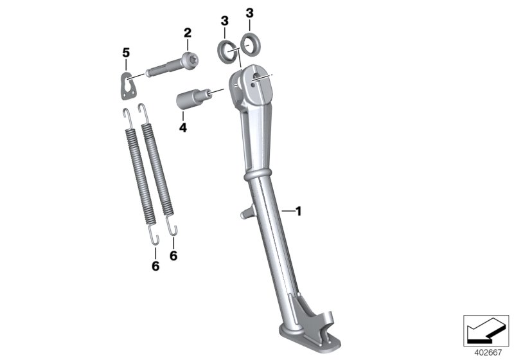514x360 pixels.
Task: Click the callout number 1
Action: [297, 210]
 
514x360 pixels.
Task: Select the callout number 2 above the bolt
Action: [188, 32]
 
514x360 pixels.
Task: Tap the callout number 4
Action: [183, 128]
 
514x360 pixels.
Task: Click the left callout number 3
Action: [224, 22]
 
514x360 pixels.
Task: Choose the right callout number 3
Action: [250, 13]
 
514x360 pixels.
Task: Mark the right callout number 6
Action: [173, 255]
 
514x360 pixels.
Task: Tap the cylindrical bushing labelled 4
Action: [191, 102]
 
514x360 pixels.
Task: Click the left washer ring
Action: [226, 50]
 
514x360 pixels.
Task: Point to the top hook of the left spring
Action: [127, 116]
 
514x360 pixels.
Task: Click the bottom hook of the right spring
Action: [173, 226]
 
